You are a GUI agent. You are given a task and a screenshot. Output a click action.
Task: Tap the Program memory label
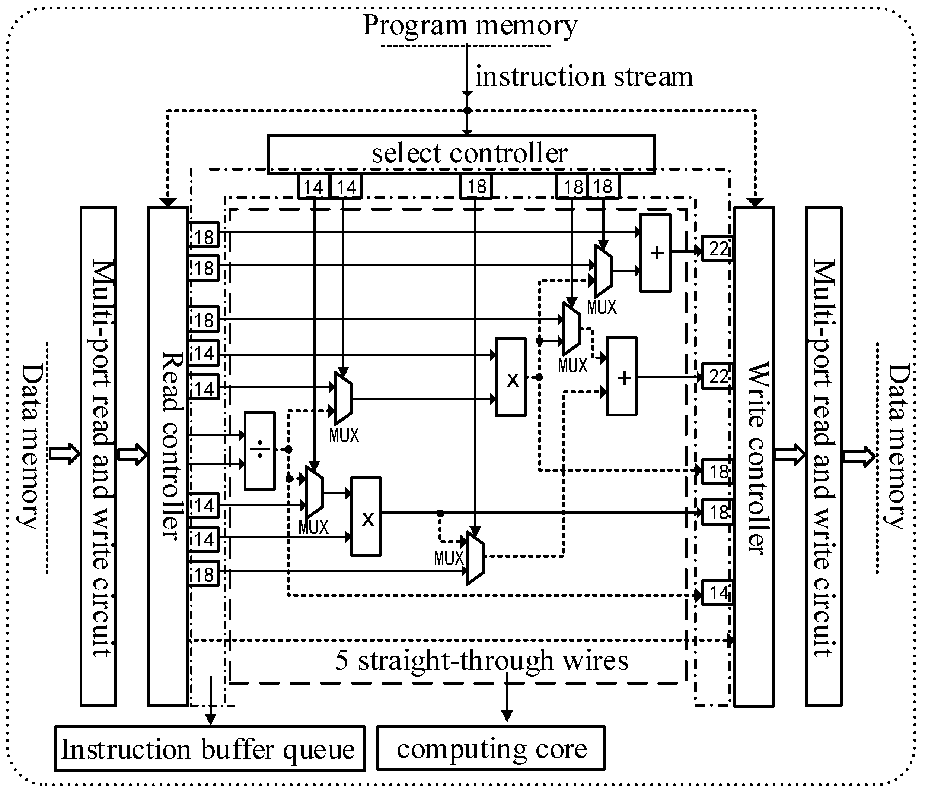[470, 25]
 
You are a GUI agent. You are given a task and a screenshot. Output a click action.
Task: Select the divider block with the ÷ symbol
[259, 450]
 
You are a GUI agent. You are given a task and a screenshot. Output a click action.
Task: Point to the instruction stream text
[584, 76]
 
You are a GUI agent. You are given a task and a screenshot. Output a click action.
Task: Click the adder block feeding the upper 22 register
[656, 253]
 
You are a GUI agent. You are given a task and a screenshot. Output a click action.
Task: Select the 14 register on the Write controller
[717, 593]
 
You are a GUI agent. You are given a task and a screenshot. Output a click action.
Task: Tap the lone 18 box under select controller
[475, 186]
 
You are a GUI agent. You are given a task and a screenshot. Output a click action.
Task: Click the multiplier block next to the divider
[366, 516]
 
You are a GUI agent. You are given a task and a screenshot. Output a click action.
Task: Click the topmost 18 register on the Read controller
[204, 235]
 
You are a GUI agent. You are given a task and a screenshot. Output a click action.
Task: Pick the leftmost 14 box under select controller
[313, 186]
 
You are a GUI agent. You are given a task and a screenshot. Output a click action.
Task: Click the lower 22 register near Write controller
[717, 376]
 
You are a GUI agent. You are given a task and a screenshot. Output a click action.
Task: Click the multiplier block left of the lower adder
[510, 377]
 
